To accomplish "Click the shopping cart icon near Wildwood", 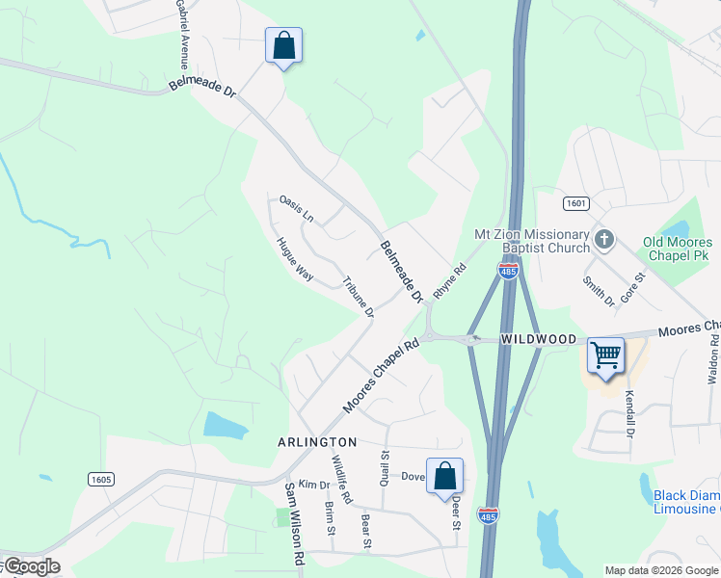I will click(606, 355).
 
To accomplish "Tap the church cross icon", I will click(604, 239).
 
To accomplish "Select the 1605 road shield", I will click(101, 479).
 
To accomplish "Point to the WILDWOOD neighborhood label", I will click(538, 340).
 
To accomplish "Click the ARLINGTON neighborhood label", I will click(318, 442).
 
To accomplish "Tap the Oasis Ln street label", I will click(296, 208).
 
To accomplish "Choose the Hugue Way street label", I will click(295, 258).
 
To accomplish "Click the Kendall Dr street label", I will click(628, 412).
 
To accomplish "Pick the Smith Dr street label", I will click(598, 290).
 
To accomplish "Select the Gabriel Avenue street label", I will click(181, 34).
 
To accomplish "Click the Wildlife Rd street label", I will click(342, 479).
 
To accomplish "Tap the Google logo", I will click(31, 566).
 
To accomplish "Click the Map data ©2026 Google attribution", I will click(660, 570).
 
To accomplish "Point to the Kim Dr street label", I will click(314, 484).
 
